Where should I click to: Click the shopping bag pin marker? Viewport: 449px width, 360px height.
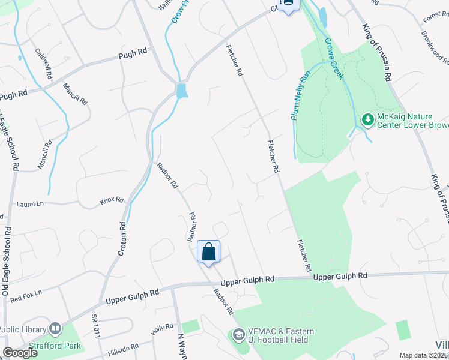click(208, 252)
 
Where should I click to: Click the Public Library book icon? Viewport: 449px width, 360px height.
click(55, 328)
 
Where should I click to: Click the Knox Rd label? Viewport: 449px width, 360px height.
click(112, 200)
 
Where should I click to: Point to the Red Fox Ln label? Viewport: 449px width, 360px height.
click(26, 295)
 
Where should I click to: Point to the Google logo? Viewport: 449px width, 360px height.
click(20, 353)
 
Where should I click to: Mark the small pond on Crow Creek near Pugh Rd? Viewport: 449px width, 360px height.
click(181, 91)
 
